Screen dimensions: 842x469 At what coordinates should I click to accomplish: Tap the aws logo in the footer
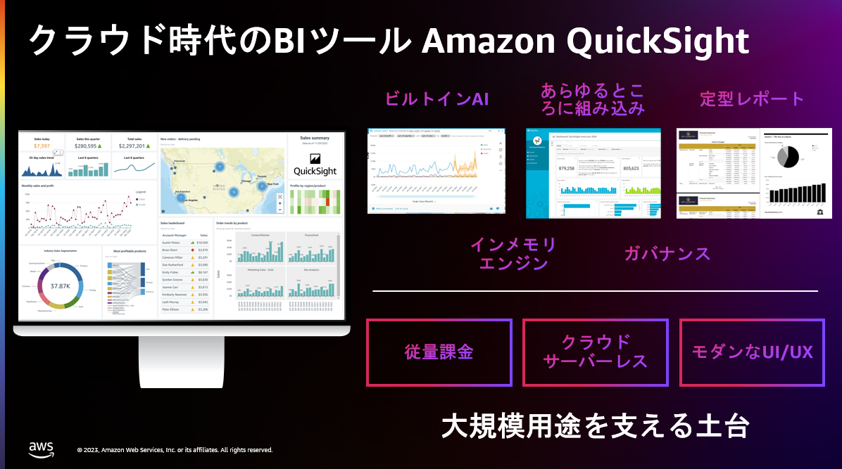pyautogui.click(x=42, y=448)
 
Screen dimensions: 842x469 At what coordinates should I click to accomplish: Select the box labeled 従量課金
pyautogui.click(x=439, y=352)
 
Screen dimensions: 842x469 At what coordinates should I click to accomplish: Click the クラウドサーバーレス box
pyautogui.click(x=596, y=352)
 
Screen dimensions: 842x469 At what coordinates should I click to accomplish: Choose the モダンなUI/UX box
pyautogui.click(x=752, y=352)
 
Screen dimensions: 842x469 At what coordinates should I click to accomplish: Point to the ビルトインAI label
pyautogui.click(x=436, y=99)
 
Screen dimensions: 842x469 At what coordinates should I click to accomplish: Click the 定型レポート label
pyautogui.click(x=752, y=99)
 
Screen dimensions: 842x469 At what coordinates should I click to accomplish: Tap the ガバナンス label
pyautogui.click(x=667, y=254)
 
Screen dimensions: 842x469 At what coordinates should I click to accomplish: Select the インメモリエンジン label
pyautogui.click(x=513, y=254)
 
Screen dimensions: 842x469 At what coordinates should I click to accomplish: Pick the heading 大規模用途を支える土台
pyautogui.click(x=595, y=427)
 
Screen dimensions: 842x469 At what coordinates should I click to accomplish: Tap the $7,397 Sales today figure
pyautogui.click(x=42, y=146)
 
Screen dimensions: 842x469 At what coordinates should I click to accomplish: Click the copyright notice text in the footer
pyautogui.click(x=175, y=450)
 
